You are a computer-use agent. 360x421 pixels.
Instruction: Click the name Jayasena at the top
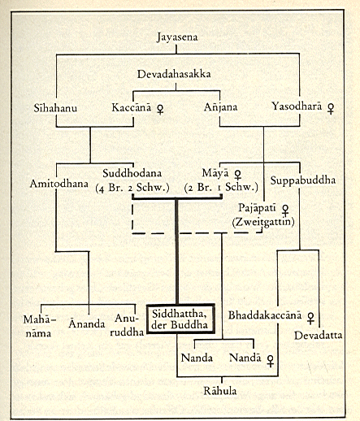[x=177, y=37]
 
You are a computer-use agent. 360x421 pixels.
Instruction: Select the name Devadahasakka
[x=174, y=74]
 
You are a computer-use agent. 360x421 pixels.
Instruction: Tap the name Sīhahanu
[x=55, y=108]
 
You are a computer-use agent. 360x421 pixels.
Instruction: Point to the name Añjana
[x=220, y=106]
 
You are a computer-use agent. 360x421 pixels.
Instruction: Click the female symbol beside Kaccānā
[x=160, y=110]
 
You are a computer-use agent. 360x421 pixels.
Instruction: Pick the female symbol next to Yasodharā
[x=331, y=108]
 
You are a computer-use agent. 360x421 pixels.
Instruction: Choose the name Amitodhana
[x=59, y=184]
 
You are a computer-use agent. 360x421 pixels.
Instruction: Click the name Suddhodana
[x=132, y=173]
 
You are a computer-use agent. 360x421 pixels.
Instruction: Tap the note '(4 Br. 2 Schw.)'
[x=132, y=188]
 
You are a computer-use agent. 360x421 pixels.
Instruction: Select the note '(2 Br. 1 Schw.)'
[x=221, y=187]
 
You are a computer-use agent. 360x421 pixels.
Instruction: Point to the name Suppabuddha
[x=303, y=180]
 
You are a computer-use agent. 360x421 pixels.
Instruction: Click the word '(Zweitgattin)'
[x=263, y=222]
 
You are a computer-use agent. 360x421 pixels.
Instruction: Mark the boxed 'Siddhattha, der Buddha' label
[x=180, y=319]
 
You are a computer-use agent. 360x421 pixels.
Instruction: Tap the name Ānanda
[x=87, y=323]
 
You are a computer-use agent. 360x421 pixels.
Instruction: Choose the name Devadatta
[x=319, y=336]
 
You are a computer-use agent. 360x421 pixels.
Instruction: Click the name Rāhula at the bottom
[x=220, y=390]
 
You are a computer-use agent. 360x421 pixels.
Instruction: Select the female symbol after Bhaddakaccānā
[x=311, y=318]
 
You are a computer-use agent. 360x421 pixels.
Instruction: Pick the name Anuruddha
[x=127, y=325]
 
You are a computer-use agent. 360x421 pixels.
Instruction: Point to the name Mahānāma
[x=39, y=327]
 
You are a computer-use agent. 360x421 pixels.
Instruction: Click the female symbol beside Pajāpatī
[x=285, y=210]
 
